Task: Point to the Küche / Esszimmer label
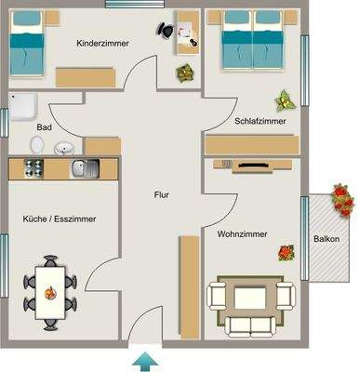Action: (59, 219)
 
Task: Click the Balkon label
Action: (326, 239)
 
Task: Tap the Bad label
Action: (44, 127)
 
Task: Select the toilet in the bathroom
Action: (37, 145)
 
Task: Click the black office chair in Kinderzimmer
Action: (166, 29)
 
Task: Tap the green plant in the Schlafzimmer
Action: (284, 99)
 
